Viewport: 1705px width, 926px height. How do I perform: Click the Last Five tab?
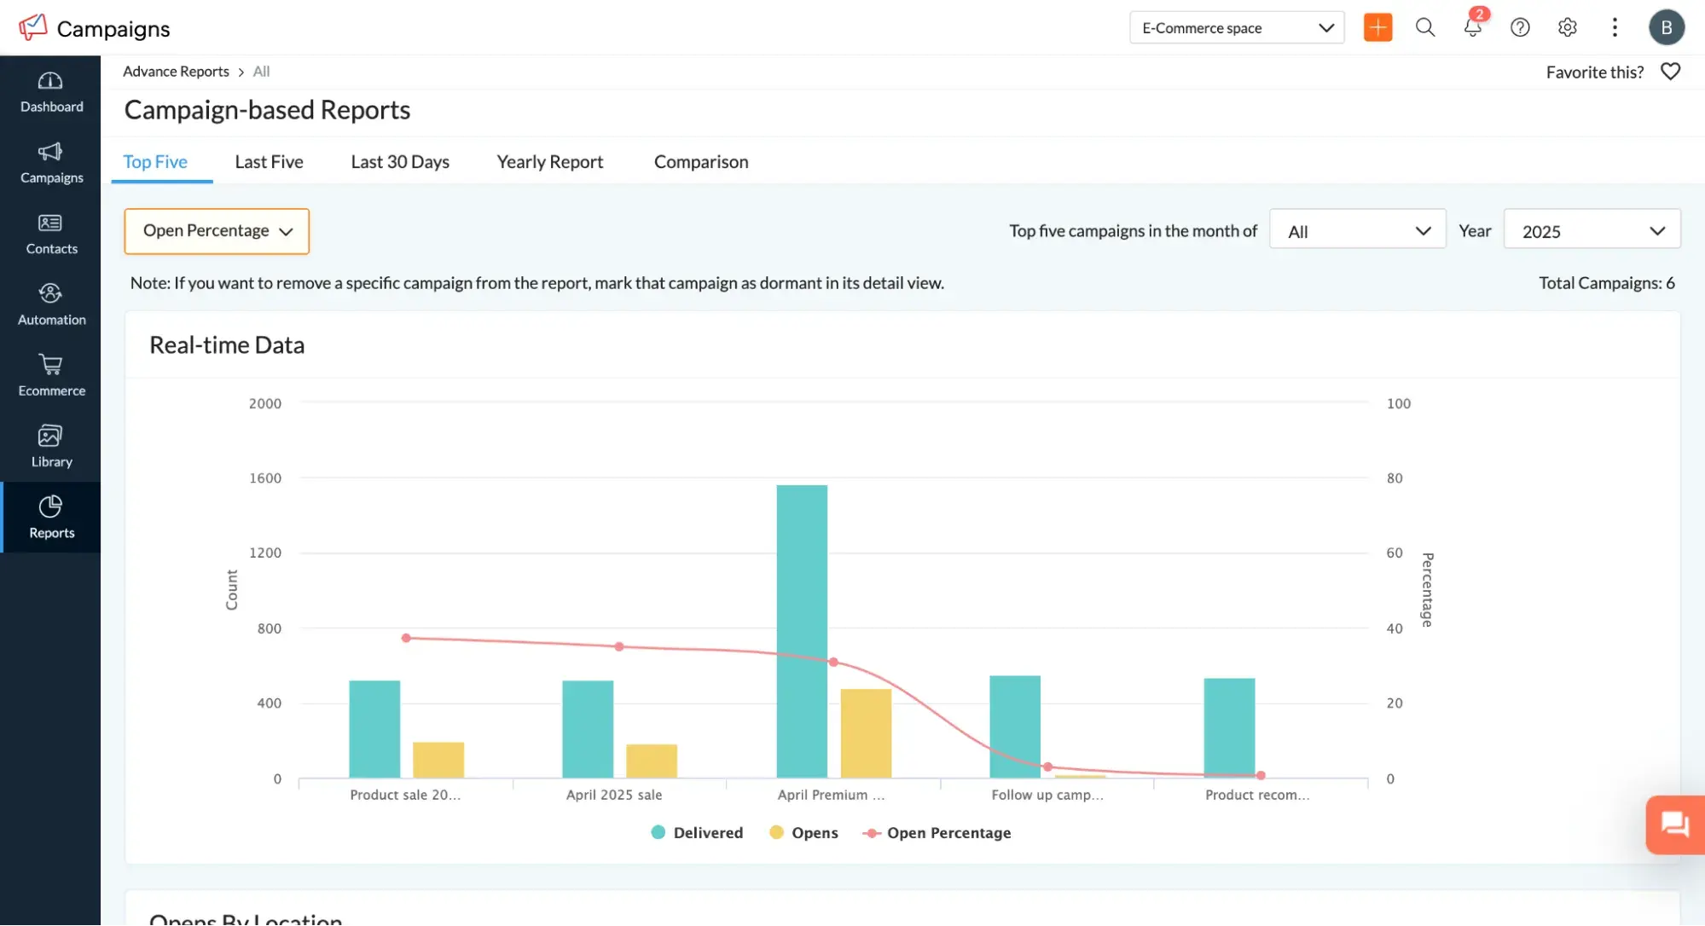pos(269,162)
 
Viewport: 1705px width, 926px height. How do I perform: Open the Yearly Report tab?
pos(549,162)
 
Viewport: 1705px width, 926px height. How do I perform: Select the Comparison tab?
pos(700,162)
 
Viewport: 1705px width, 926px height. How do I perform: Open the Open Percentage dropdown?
pos(217,231)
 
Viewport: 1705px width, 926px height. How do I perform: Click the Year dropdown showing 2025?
pos(1591,231)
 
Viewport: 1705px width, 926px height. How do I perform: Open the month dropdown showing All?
pos(1357,231)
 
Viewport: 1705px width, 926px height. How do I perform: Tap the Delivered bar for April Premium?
pos(801,631)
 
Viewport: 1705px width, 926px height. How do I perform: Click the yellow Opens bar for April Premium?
pos(865,733)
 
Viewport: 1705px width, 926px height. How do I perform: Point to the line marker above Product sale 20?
pos(406,638)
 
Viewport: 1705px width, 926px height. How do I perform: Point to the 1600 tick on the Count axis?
pos(264,478)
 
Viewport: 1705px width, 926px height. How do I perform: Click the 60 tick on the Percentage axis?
pos(1394,553)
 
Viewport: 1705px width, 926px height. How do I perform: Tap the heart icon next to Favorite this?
pos(1670,72)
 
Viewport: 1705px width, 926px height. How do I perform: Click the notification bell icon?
pos(1472,27)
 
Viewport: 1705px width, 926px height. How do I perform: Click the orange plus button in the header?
pos(1377,27)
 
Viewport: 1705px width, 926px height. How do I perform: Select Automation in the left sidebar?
pos(51,304)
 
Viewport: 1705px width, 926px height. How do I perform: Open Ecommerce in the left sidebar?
pos(51,375)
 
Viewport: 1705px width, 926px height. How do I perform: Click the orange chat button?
pos(1674,825)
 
